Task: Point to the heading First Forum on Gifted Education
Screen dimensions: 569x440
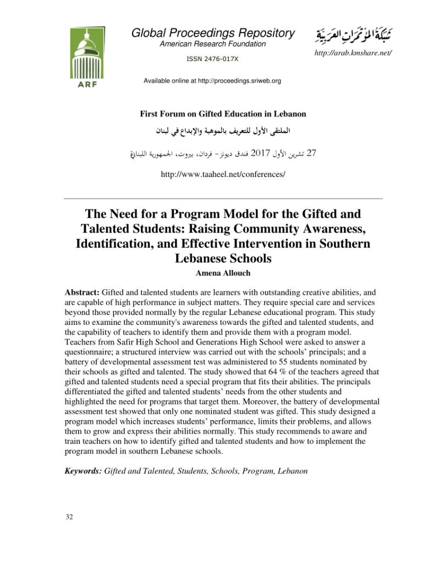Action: coord(223,114)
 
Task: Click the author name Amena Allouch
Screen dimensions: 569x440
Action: coord(223,273)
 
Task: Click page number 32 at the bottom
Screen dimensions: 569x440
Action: coord(69,517)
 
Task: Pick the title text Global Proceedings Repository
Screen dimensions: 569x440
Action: coord(213,33)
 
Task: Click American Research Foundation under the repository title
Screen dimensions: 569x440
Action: coord(213,44)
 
